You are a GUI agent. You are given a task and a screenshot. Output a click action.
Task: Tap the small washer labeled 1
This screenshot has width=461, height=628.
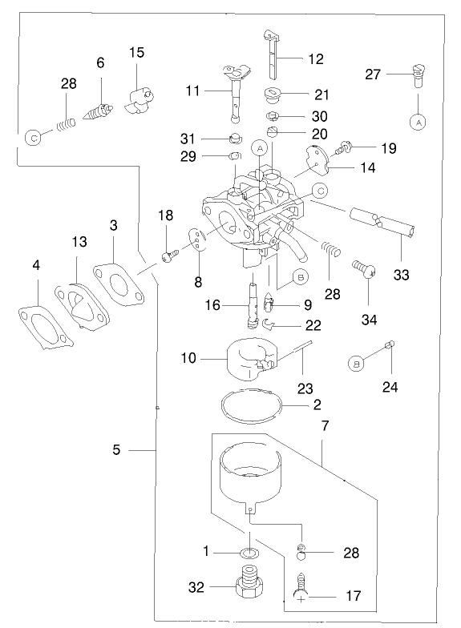(251, 553)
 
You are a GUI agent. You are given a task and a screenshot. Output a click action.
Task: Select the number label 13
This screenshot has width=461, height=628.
(79, 242)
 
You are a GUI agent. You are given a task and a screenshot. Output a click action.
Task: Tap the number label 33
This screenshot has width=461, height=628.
(402, 275)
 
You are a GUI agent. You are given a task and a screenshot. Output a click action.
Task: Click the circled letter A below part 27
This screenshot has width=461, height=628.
(417, 122)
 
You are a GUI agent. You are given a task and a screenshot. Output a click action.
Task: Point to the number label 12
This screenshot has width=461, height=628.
(315, 58)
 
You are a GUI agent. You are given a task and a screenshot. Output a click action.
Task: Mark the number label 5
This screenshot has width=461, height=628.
(116, 450)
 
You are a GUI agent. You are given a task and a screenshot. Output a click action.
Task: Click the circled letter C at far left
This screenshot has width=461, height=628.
(33, 137)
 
